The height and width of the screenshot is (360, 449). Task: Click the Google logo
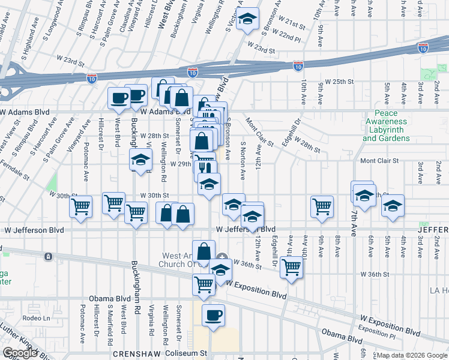[x=20, y=353]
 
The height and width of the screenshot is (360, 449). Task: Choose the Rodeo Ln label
[x=35, y=318]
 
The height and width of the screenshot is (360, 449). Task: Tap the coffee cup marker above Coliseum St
[x=213, y=315]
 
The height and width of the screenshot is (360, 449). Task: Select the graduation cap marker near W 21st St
[x=247, y=19]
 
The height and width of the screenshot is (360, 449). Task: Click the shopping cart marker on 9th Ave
[x=322, y=206]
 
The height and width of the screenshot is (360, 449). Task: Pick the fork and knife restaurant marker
[x=205, y=169]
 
